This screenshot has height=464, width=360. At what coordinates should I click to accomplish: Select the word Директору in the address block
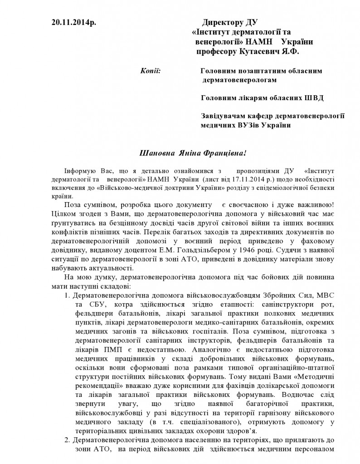[224, 23]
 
